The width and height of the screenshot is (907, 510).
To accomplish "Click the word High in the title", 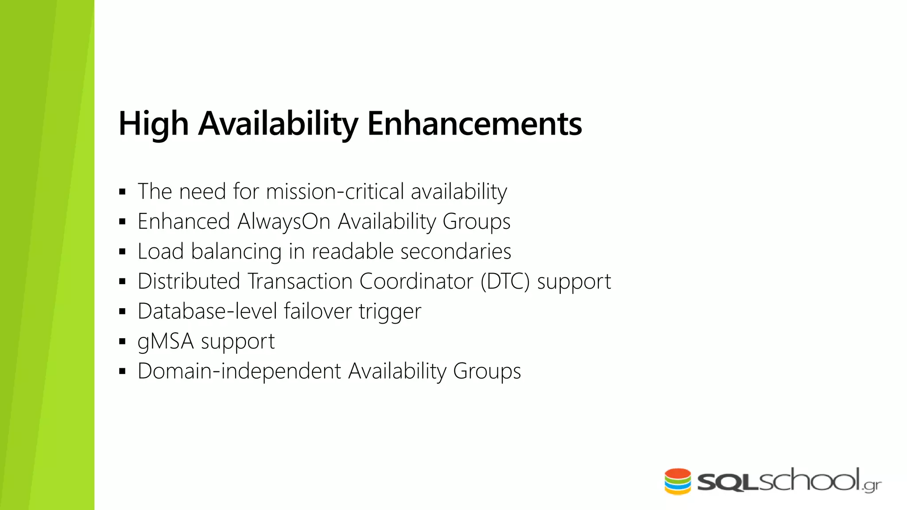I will click(153, 124).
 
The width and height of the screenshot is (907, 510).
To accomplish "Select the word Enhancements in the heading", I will click(474, 124).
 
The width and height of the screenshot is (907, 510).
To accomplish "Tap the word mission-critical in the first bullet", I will click(335, 192).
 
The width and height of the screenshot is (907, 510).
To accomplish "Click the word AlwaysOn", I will click(284, 221).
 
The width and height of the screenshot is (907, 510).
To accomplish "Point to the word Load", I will click(161, 251).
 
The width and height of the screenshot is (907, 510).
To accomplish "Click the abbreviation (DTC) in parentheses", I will click(505, 282).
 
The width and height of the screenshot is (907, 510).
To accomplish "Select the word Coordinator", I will click(416, 282).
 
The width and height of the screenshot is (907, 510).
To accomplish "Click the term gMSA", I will click(166, 342).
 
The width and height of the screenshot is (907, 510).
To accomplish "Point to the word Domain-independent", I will click(239, 371).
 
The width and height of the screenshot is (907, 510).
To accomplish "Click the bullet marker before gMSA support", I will click(123, 342).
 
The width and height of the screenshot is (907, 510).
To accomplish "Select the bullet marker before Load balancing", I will click(123, 252).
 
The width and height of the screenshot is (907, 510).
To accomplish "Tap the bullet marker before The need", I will click(123, 192).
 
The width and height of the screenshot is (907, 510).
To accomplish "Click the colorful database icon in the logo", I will click(678, 481).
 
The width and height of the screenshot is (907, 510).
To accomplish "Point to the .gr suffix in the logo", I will click(872, 486).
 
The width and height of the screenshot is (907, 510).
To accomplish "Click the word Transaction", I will click(300, 282).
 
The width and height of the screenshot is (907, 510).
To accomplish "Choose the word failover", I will click(318, 311).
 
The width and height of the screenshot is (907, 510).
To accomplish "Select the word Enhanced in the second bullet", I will click(184, 221).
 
